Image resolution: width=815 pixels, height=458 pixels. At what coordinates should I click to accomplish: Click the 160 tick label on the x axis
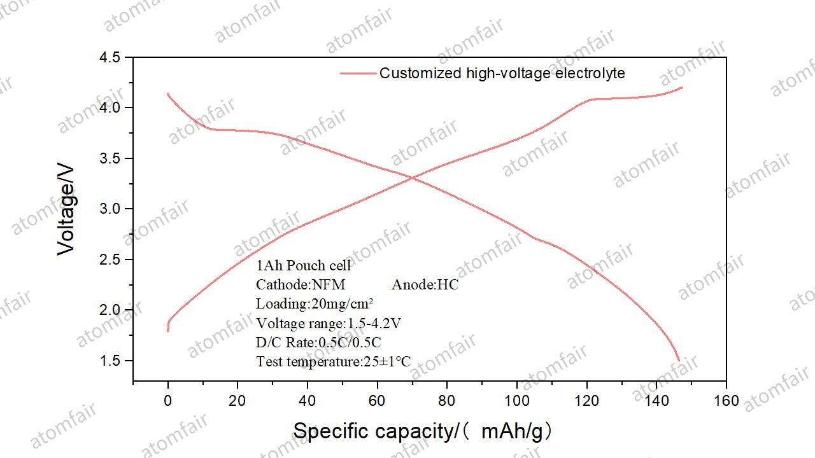pyautogui.click(x=726, y=401)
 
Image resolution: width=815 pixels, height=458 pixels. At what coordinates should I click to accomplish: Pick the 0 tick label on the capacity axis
pyautogui.click(x=168, y=401)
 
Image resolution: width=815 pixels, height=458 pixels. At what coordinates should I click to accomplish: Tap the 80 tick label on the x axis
pyautogui.click(x=447, y=401)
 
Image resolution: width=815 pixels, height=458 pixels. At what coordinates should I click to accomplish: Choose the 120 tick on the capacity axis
pyautogui.click(x=586, y=401)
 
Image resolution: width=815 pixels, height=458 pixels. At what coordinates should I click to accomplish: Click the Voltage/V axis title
pyautogui.click(x=66, y=210)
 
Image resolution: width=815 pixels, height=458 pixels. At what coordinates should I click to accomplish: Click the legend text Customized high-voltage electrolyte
pyautogui.click(x=502, y=73)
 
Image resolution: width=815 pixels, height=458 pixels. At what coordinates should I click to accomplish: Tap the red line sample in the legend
pyautogui.click(x=358, y=73)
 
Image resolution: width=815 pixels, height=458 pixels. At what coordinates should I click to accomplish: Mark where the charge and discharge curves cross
pyautogui.click(x=412, y=178)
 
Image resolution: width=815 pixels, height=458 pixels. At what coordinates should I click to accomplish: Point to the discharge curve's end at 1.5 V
pyautogui.click(x=679, y=361)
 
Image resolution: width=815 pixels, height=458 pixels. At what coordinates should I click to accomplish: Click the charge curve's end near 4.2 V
pyautogui.click(x=682, y=88)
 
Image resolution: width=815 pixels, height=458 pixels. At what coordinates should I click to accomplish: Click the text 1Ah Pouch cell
pyautogui.click(x=303, y=266)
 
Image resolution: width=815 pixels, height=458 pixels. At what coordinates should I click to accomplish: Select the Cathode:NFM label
pyautogui.click(x=301, y=285)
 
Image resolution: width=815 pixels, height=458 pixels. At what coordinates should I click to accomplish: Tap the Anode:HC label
pyautogui.click(x=425, y=285)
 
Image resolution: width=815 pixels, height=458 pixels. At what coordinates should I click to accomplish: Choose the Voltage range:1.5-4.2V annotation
pyautogui.click(x=328, y=323)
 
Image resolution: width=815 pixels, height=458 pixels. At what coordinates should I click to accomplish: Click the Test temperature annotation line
pyautogui.click(x=333, y=362)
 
